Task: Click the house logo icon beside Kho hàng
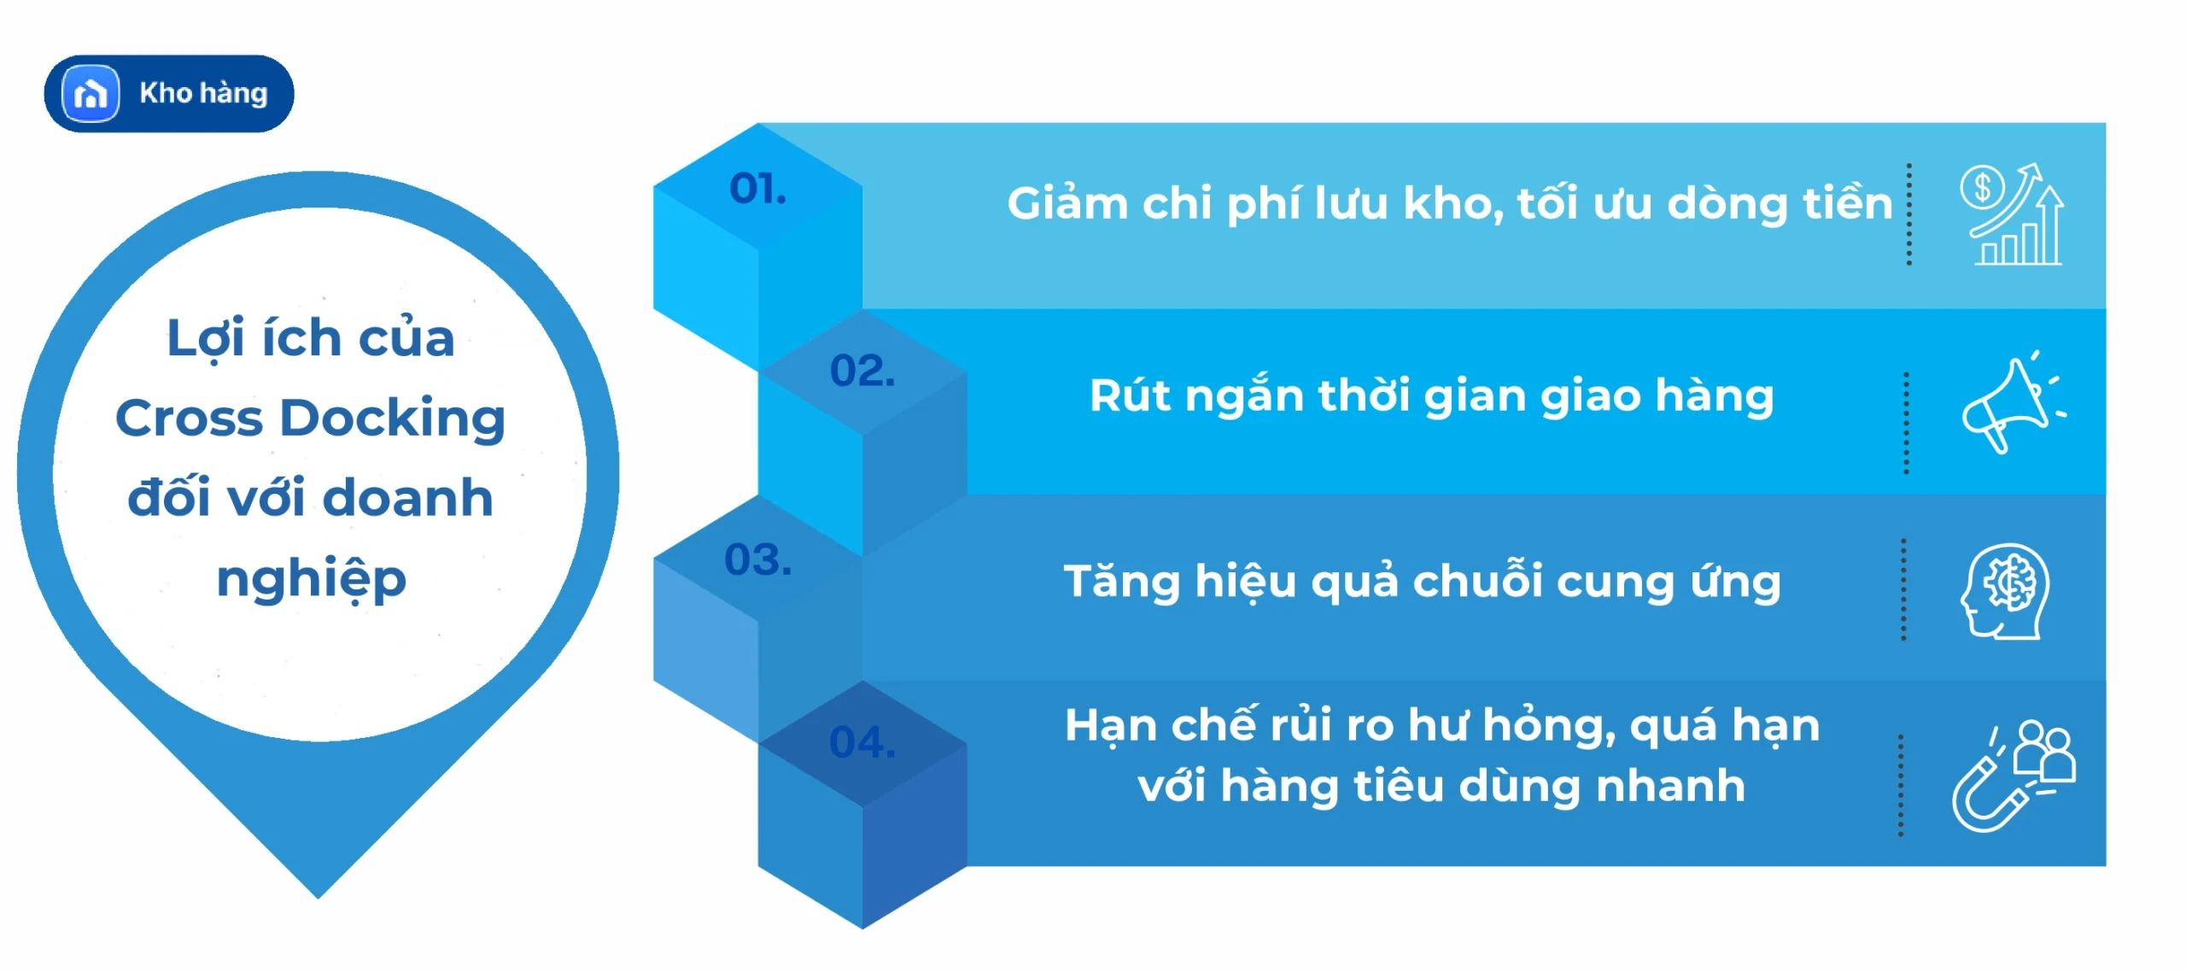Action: click(x=91, y=93)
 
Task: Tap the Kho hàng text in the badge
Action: click(x=203, y=93)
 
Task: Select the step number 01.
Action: click(x=757, y=189)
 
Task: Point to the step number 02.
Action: click(x=862, y=371)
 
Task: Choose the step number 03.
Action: click(x=757, y=560)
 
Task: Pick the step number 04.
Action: click(x=862, y=742)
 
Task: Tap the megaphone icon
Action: click(x=2012, y=402)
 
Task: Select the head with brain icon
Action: click(x=2005, y=590)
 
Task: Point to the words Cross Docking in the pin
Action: click(x=310, y=418)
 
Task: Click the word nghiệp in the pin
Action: click(x=311, y=580)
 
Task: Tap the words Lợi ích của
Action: click(x=310, y=338)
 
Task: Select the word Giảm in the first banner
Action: click(x=1067, y=204)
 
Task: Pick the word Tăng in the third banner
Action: click(x=1120, y=583)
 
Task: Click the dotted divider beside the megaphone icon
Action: click(x=1906, y=423)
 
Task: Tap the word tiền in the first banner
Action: click(x=1847, y=204)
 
